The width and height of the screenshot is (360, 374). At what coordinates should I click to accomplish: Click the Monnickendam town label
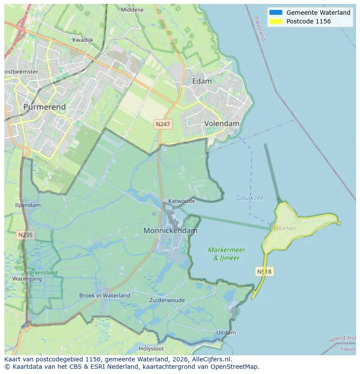[x=170, y=231]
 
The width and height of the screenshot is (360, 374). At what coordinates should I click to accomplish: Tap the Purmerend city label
[x=44, y=106]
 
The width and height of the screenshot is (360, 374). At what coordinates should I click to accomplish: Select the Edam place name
[x=202, y=81]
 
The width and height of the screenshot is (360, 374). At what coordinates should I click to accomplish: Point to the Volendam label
[x=222, y=123]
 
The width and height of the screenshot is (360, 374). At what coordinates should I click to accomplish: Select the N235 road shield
[x=26, y=235]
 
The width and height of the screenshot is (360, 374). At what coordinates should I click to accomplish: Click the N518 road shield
[x=264, y=271]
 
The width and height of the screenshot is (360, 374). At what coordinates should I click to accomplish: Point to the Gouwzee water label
[x=250, y=198]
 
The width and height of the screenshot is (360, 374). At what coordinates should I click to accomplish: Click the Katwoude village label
[x=182, y=201]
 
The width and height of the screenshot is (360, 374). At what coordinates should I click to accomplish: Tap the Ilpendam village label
[x=28, y=205]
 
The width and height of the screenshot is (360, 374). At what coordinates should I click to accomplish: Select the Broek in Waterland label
[x=104, y=295]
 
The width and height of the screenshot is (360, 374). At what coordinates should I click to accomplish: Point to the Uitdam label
[x=226, y=333]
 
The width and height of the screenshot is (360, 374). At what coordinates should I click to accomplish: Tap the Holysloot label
[x=151, y=348]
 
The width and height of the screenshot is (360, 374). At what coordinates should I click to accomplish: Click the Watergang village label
[x=27, y=279]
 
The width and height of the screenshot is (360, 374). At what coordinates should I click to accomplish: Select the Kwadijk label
[x=83, y=40]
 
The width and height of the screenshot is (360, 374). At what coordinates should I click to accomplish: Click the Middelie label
[x=132, y=10]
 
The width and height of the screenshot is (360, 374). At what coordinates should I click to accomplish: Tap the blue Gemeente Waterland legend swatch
[x=276, y=13]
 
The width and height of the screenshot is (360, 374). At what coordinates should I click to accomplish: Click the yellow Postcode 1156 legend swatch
[x=276, y=21]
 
